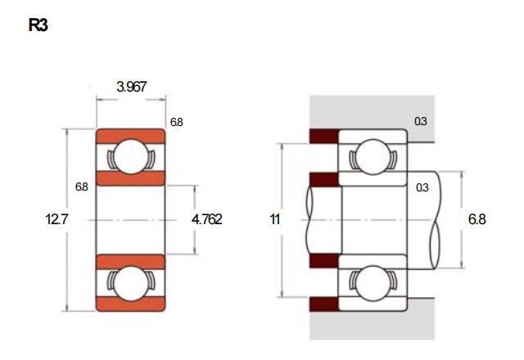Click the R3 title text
coord(38,25)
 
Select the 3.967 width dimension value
coord(131,87)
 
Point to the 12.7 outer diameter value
coord(56,219)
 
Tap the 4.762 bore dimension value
coord(206,219)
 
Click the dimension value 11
coord(275,219)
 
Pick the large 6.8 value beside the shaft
coord(477,219)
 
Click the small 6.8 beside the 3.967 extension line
coord(177,122)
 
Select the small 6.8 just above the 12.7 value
coord(82,187)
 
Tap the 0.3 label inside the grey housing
coord(420,121)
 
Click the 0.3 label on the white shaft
coord(422,187)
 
